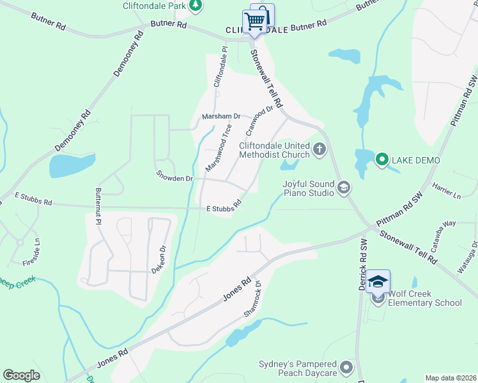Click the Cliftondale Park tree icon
[196, 6]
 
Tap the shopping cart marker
[254, 22]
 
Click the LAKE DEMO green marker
[382, 160]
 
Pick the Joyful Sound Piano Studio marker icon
[344, 187]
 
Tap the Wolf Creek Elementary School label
[425, 298]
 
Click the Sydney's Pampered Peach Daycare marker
[346, 367]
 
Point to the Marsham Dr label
[220, 117]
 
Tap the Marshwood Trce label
[219, 147]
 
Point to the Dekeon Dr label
[158, 260]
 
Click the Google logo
[21, 375]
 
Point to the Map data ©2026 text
[451, 378]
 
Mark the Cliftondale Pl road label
[220, 66]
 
